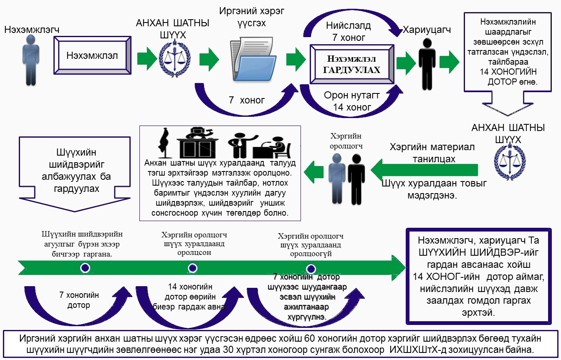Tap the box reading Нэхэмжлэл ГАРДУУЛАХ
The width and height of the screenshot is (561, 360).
[351, 65]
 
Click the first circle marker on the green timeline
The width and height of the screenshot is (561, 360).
[85, 268]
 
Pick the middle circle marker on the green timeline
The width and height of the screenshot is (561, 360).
[192, 268]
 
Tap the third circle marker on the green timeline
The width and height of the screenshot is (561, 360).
[311, 268]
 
